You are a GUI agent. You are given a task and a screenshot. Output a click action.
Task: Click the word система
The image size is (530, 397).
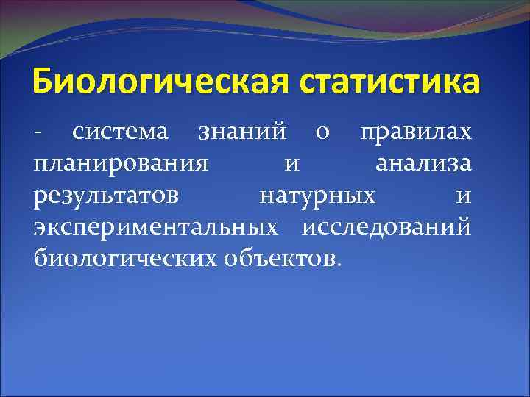tap(121, 133)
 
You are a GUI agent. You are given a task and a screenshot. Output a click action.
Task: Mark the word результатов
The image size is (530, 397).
tap(105, 196)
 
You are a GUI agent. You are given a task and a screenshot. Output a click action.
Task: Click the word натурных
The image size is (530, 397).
tap(317, 196)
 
